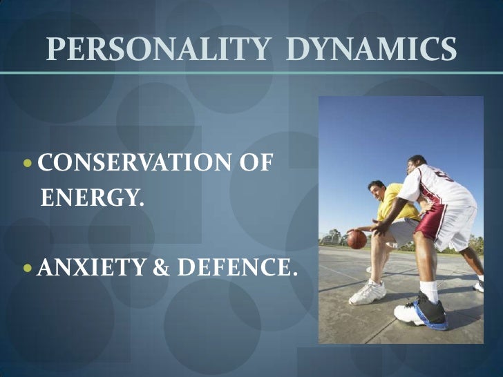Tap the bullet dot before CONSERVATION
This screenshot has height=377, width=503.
[x=29, y=166]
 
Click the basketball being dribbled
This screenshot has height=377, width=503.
[x=357, y=240]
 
